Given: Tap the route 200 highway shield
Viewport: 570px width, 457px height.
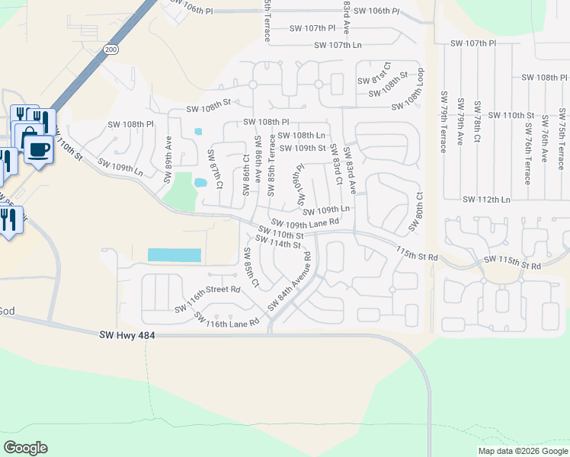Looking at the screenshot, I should (112, 49).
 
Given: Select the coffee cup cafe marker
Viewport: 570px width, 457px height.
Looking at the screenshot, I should (38, 148).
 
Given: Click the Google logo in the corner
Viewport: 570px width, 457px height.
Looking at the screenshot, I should (25, 448).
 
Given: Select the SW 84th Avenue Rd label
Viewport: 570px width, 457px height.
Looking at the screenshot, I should (290, 283).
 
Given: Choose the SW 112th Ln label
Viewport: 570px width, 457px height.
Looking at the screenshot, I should (486, 200).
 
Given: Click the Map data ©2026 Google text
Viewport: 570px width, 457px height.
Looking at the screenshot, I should (522, 451).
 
